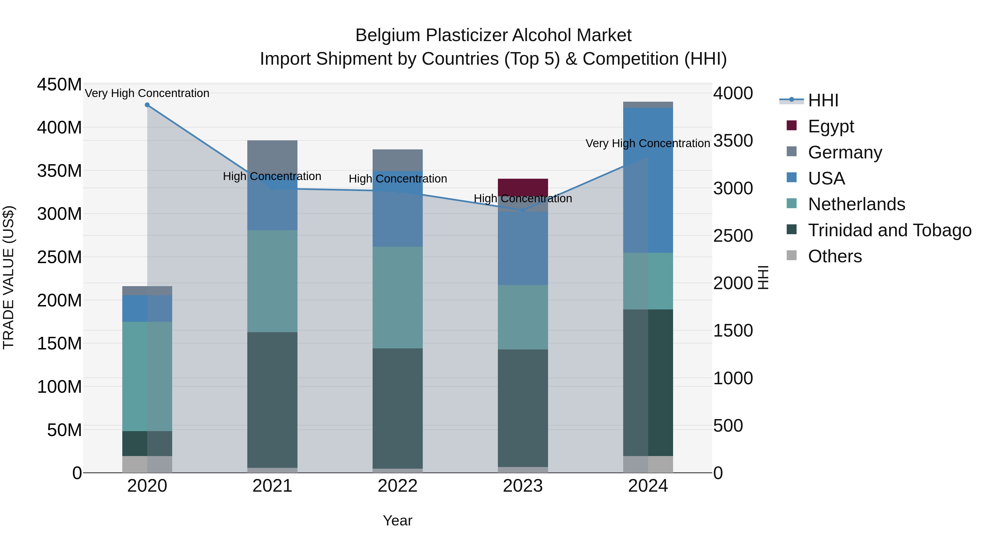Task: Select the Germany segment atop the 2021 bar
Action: tap(272, 155)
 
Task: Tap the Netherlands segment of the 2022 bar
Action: tap(397, 297)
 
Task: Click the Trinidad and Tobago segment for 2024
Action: tap(648, 382)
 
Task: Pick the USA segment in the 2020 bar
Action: tap(147, 308)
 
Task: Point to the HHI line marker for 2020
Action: tap(147, 105)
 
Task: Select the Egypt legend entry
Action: tap(831, 126)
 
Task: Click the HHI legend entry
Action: tap(823, 100)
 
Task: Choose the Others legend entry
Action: tap(835, 256)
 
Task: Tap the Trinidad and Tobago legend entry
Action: tap(889, 230)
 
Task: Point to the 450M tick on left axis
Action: tap(59, 84)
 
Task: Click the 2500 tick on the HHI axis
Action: tap(733, 236)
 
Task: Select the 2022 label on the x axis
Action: tap(397, 486)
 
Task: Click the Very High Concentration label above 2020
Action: tap(147, 93)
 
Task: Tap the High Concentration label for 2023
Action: tap(523, 198)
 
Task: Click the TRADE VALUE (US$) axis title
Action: tap(8, 277)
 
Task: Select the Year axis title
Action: tap(397, 520)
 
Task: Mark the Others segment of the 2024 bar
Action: tap(648, 464)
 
